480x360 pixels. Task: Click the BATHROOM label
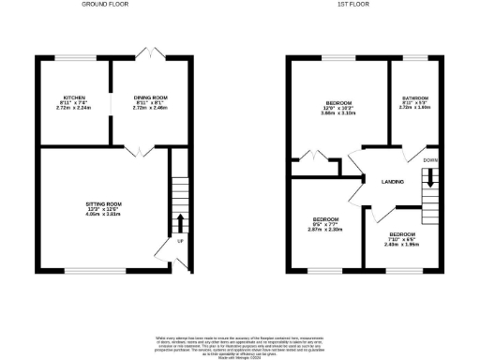pyautogui.click(x=415, y=98)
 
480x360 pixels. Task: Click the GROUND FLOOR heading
pyautogui.click(x=105, y=5)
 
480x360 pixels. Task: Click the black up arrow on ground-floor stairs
pyautogui.click(x=180, y=222)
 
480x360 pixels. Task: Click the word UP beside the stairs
pyautogui.click(x=180, y=241)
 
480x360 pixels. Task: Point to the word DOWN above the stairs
pyautogui.click(x=430, y=160)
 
